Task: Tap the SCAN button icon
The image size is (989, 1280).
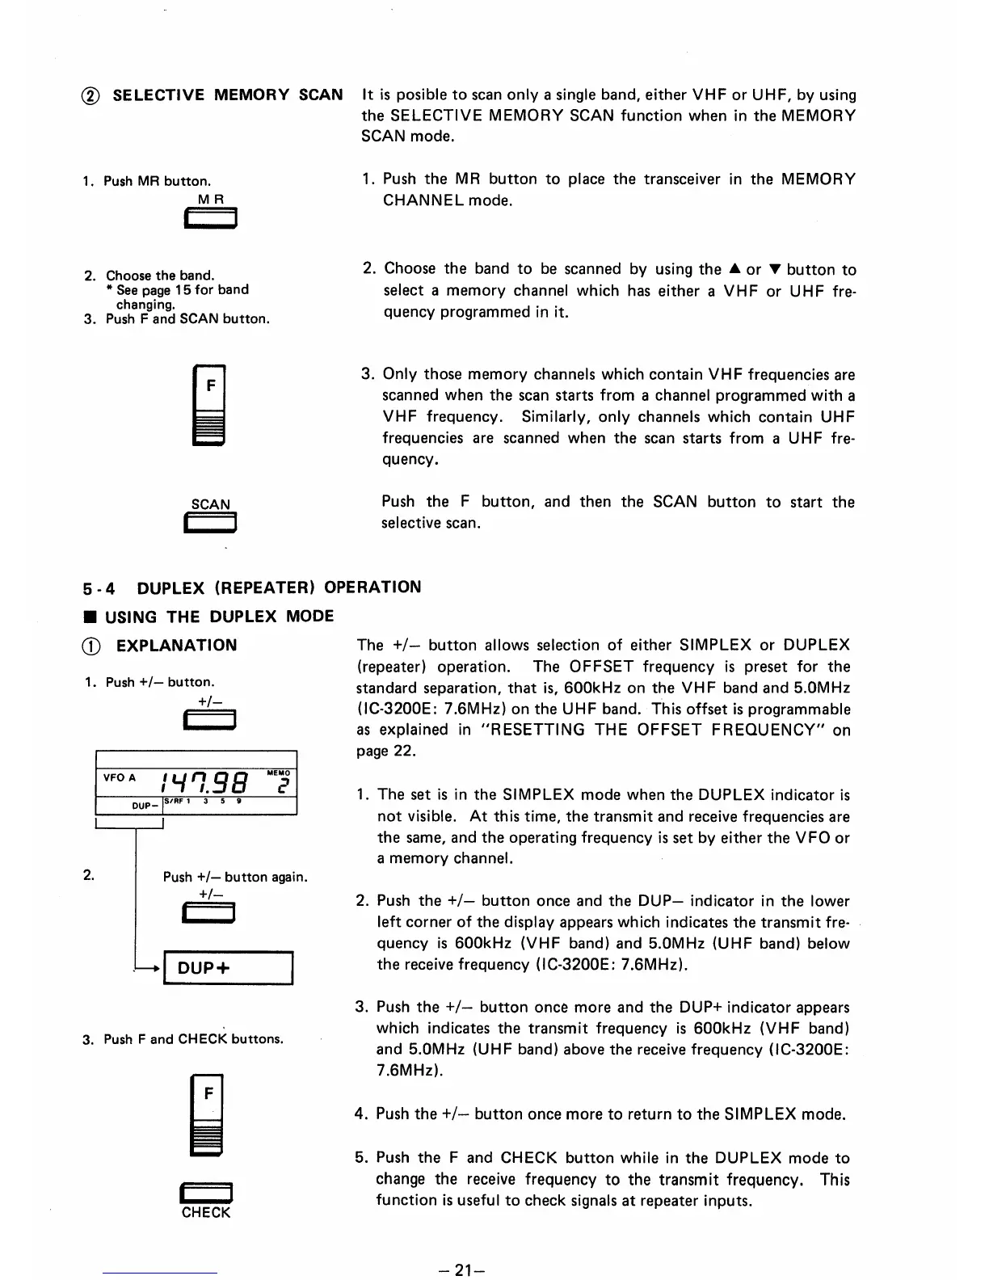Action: (x=210, y=524)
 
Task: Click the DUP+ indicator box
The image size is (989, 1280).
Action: (x=228, y=968)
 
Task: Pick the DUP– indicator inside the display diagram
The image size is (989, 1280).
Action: (x=144, y=806)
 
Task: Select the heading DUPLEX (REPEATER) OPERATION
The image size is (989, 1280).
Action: (x=279, y=587)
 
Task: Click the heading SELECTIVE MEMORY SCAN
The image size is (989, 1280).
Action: (x=227, y=95)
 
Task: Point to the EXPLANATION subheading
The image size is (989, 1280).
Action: (x=176, y=645)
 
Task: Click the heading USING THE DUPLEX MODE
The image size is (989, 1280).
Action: (x=219, y=616)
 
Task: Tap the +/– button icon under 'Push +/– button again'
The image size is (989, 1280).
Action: (x=210, y=914)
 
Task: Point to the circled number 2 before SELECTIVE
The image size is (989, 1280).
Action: (x=92, y=95)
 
